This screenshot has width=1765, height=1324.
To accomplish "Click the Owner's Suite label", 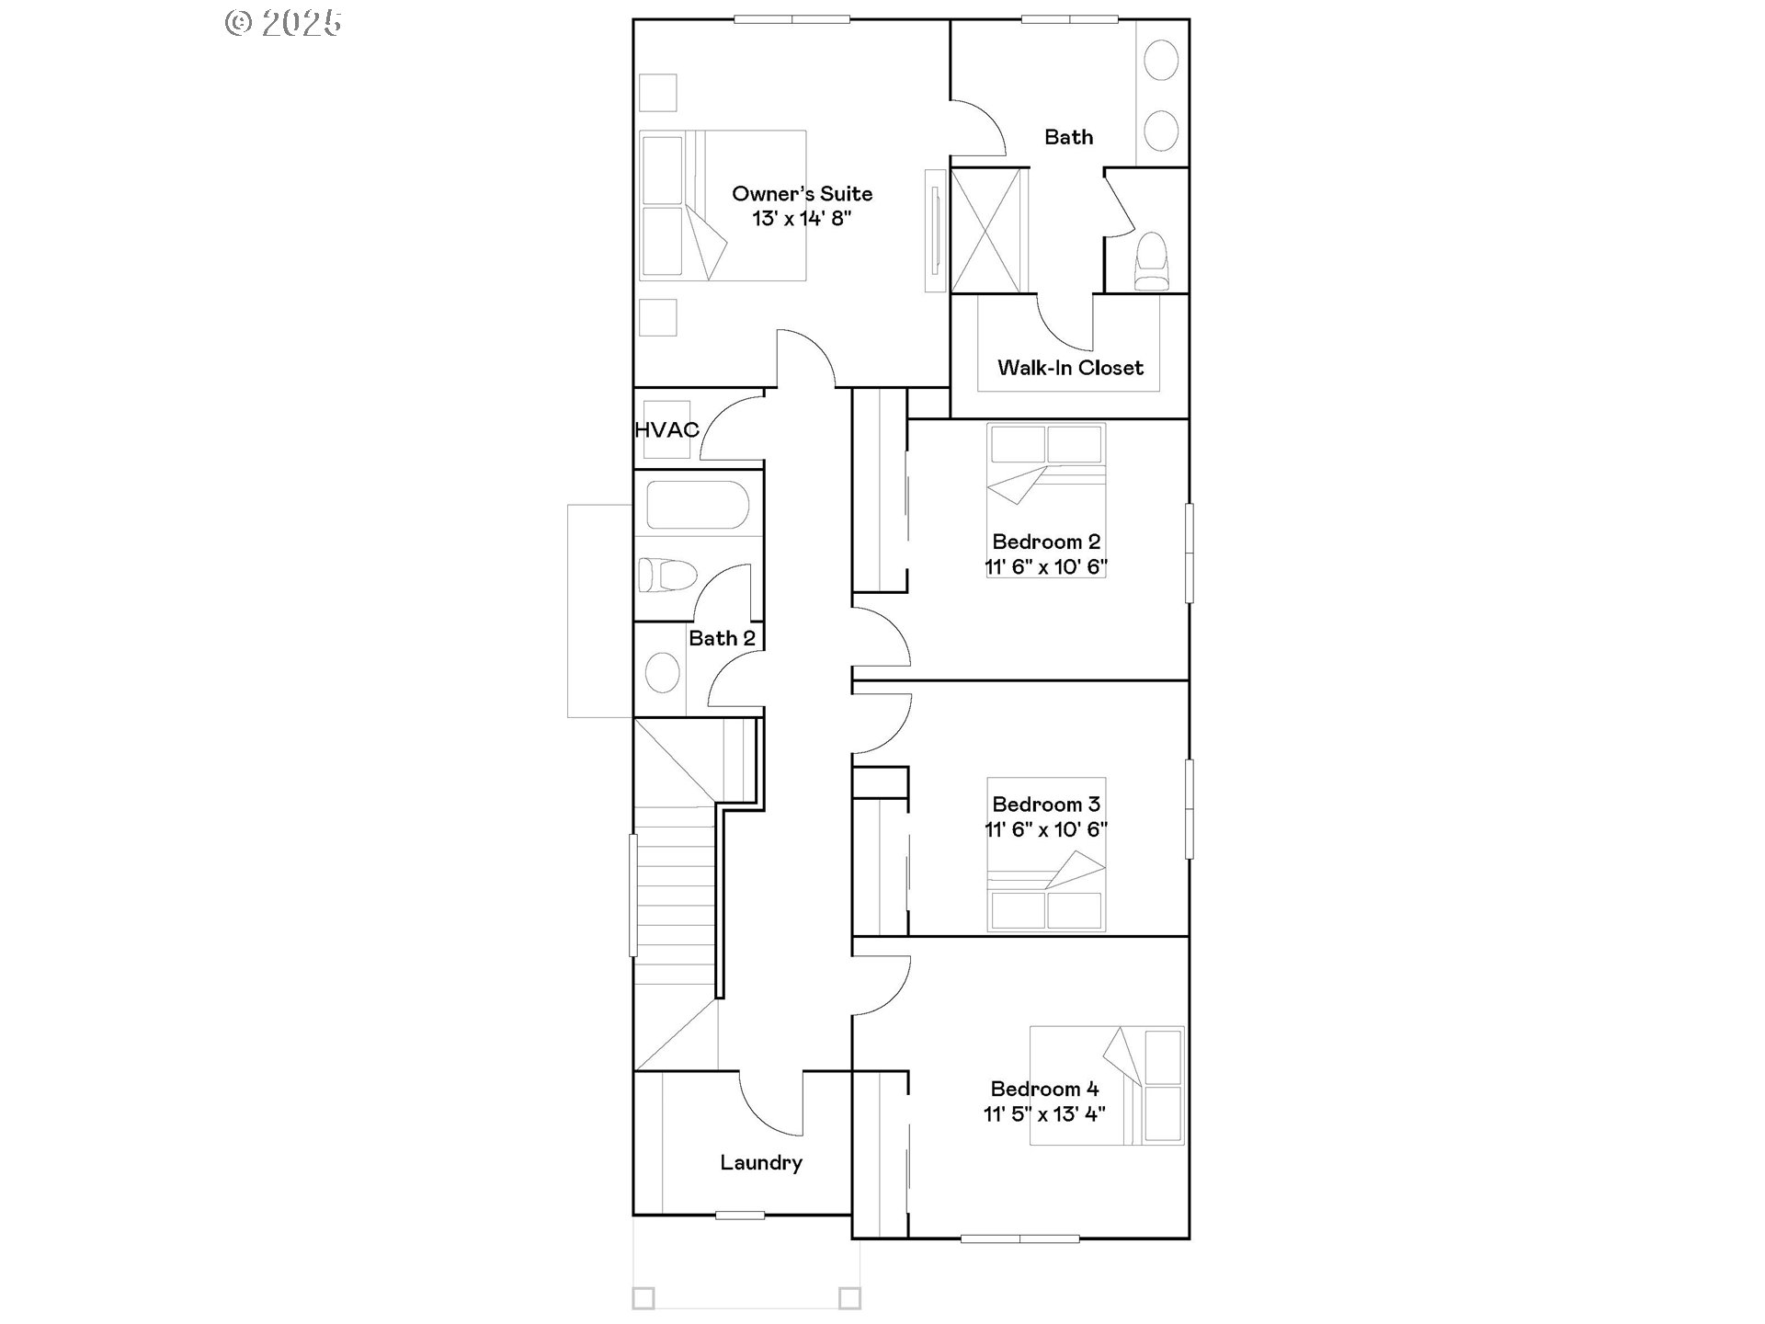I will point(802,194).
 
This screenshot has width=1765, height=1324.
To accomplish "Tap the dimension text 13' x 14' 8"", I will point(802,219).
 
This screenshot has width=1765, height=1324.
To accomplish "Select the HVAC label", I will point(666,429).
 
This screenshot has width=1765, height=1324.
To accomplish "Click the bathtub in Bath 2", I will point(697,505).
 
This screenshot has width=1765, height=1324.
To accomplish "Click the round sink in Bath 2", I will point(662,672).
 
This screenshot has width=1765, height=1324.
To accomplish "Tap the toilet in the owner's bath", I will point(1151,260).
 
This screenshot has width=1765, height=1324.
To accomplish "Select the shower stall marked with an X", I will point(987,230).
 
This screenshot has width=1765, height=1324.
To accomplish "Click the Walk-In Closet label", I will point(1070,368).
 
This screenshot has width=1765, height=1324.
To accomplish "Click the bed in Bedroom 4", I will point(1107,1085).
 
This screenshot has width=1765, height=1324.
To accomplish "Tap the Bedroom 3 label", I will point(1046,805).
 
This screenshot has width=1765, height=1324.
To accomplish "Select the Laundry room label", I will point(761,1163).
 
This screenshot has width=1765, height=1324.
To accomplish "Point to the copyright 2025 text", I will point(283,23).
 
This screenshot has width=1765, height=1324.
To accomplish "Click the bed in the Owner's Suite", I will point(723,205).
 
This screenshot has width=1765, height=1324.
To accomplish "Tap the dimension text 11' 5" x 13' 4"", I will point(1044,1114).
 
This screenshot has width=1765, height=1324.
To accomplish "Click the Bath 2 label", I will point(722,638).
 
